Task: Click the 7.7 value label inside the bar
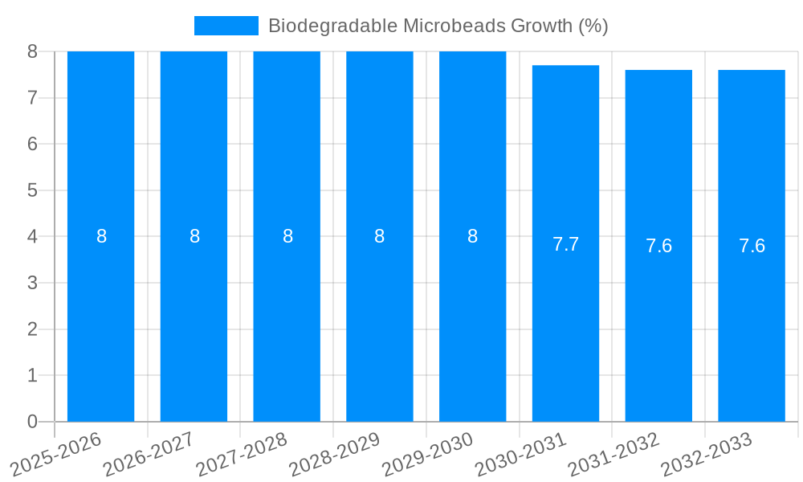[x=565, y=244]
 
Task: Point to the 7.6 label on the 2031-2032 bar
[x=658, y=246]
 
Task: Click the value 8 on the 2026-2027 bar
[x=194, y=236]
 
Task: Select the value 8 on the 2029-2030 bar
[x=472, y=236]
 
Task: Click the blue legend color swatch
[x=226, y=26]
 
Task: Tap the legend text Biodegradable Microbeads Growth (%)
[x=438, y=26]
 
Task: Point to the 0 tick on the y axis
[x=32, y=422]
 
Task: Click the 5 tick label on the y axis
[x=32, y=190]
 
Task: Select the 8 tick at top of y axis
[x=32, y=51]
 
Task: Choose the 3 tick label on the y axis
[x=32, y=283]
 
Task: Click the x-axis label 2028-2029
[x=335, y=454]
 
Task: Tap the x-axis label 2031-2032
[x=613, y=454]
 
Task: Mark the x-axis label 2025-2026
[x=56, y=454]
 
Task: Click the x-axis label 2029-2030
[x=428, y=454]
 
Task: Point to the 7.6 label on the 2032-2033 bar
[x=752, y=246]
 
